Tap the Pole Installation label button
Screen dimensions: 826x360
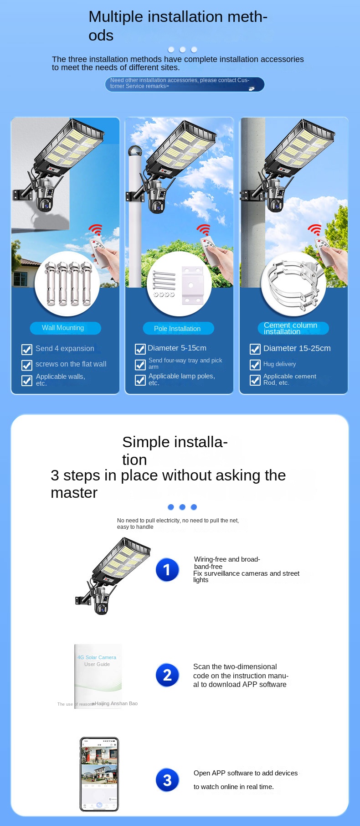tap(178, 329)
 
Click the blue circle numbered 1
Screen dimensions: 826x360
tap(167, 570)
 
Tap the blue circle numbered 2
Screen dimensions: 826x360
tap(167, 675)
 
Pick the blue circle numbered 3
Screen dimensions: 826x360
tap(167, 780)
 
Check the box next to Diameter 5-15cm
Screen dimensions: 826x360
tap(140, 349)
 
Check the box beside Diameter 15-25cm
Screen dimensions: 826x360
tap(255, 349)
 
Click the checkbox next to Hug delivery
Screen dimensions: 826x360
tap(255, 365)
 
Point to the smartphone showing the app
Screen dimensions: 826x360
tap(99, 774)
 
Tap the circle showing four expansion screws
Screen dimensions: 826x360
tap(67, 284)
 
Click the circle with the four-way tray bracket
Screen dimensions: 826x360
tap(179, 284)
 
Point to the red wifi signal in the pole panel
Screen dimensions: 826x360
tap(203, 230)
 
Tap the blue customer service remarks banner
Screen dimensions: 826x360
tap(185, 84)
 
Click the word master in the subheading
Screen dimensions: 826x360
tap(74, 493)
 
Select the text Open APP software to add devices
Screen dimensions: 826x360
tap(245, 773)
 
